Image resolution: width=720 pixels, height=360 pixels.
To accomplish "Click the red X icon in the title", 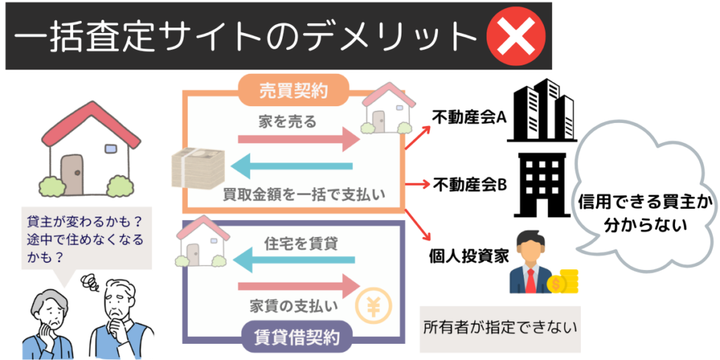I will [516, 36].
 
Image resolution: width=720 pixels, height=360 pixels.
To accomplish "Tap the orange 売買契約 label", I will [293, 89].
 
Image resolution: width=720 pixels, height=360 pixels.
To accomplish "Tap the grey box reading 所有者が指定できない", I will [499, 328].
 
